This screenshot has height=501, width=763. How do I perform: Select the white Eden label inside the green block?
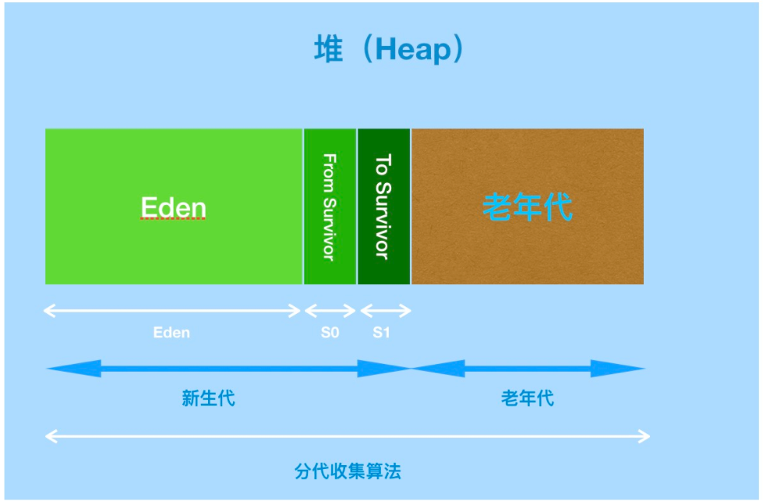tap(173, 207)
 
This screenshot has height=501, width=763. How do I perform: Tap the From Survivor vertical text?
tap(330, 206)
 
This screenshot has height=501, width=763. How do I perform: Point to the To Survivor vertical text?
tap(383, 206)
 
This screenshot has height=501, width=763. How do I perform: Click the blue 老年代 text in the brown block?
tap(528, 207)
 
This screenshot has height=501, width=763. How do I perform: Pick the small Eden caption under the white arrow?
tap(171, 333)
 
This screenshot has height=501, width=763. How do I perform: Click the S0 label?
tap(330, 333)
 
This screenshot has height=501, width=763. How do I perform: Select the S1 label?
tap(381, 333)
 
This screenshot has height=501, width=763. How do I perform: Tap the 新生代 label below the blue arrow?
tap(208, 399)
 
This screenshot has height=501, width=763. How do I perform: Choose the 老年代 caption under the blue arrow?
tap(528, 399)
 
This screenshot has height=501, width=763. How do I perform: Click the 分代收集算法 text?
tap(348, 471)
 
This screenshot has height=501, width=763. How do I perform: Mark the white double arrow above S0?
tap(330, 311)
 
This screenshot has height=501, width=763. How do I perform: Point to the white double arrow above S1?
tap(385, 311)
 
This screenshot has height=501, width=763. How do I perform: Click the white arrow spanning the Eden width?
tap(172, 311)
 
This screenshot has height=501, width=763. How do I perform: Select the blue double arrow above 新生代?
tap(228, 369)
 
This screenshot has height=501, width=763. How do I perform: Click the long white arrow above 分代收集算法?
tap(348, 436)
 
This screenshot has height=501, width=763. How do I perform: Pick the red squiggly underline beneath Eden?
tap(173, 221)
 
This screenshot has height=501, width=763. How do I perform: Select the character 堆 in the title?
tap(327, 51)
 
